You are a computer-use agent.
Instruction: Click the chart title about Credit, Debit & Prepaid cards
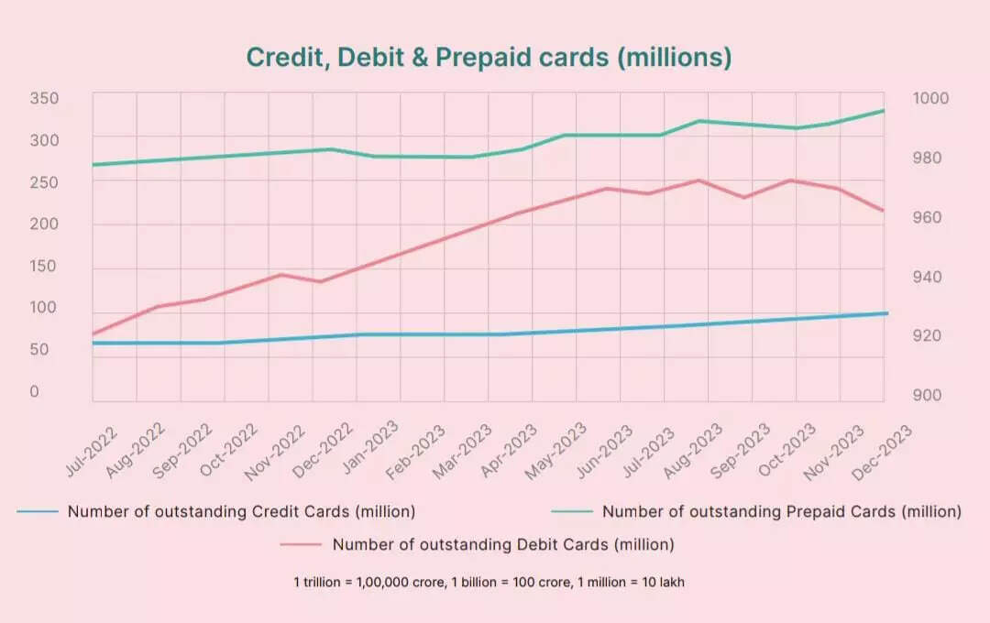tap(489, 57)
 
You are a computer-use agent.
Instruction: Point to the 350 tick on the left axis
tap(43, 98)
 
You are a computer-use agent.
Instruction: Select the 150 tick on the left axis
tap(43, 266)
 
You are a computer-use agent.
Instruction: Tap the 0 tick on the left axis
tap(35, 391)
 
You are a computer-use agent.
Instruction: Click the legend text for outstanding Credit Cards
tap(241, 511)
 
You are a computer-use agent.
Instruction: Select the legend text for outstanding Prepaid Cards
tap(781, 511)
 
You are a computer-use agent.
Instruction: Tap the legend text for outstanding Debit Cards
tap(503, 544)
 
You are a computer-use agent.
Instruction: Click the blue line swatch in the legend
tap(38, 511)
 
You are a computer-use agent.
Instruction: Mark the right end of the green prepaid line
tap(884, 111)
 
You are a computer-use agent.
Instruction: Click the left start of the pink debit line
tap(93, 333)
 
